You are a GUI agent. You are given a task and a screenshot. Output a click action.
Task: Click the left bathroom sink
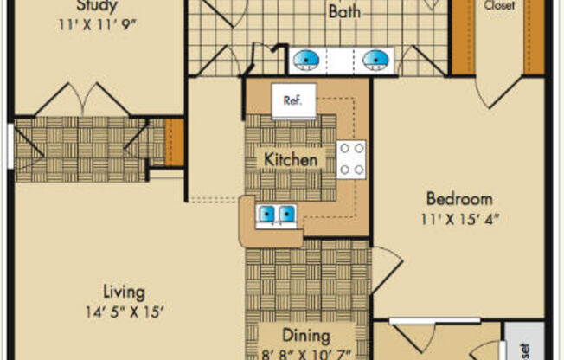pos(305,60)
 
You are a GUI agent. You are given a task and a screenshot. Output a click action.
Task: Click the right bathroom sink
pos(375,60)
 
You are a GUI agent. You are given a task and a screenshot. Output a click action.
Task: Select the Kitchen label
pos(290,160)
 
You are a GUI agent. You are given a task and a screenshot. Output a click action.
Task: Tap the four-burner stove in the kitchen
pos(351,159)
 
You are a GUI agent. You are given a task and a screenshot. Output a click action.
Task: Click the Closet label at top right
pos(499,5)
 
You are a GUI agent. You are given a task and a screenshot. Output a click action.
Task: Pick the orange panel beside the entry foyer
pos(175,142)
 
